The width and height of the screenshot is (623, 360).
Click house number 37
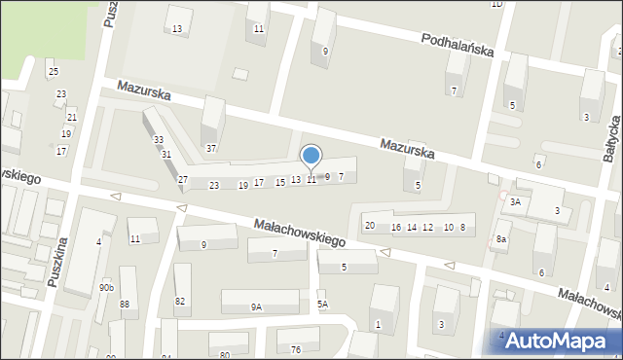[211, 149]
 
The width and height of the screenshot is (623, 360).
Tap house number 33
[159, 140]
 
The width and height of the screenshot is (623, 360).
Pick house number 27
[182, 180]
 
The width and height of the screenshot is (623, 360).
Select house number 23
[214, 185]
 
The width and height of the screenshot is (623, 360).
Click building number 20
[370, 226]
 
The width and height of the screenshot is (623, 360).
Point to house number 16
[396, 227]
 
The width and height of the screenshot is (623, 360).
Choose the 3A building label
[516, 202]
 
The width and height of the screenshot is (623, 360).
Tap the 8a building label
[501, 238]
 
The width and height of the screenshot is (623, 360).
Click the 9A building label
[256, 306]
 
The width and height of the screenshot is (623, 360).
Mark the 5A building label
[322, 305]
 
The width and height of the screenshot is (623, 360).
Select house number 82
[180, 301]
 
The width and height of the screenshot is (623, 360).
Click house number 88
[125, 305]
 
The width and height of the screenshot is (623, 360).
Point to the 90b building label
[106, 288]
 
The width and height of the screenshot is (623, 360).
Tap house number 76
[296, 349]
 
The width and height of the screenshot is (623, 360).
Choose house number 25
[53, 72]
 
